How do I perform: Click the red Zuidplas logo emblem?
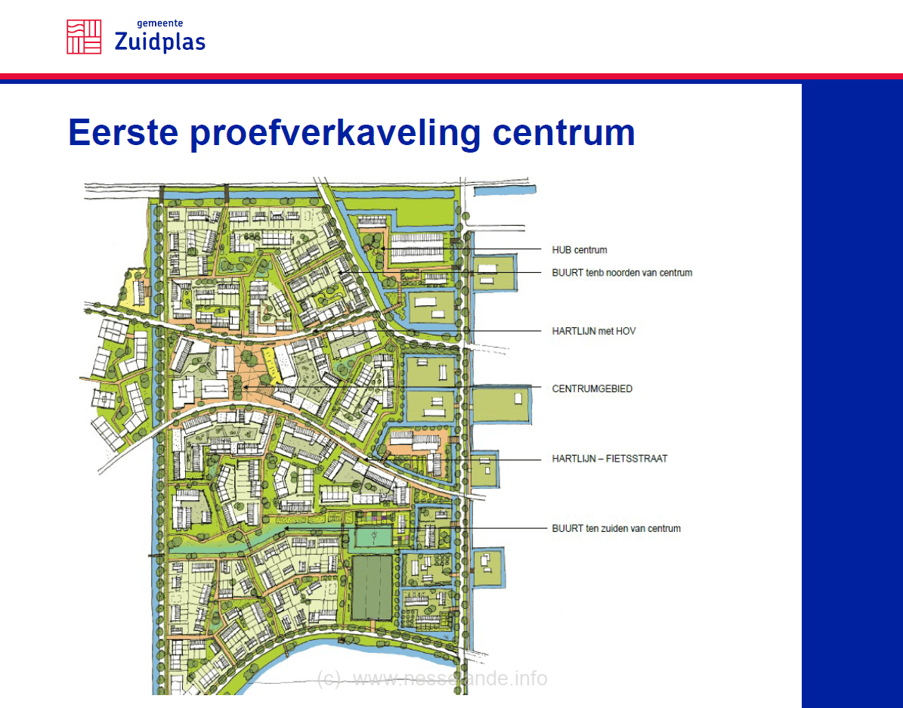pos(84,37)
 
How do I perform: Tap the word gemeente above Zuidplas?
pos(159,23)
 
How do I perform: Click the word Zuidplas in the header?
pos(159,42)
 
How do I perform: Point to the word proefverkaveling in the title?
pos(335,134)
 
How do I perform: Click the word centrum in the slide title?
pos(563,133)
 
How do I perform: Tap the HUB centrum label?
pos(580,250)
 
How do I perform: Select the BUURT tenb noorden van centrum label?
pos(622,273)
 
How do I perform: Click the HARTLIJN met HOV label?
pos(594,331)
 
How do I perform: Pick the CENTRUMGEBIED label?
pos(592,389)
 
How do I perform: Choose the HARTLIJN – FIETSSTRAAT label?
pos(610,459)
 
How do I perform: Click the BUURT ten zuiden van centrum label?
pos(616,528)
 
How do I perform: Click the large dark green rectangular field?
pos(372,588)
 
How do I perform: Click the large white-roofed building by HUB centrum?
pos(417,247)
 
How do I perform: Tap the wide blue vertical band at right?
pos(852,396)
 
